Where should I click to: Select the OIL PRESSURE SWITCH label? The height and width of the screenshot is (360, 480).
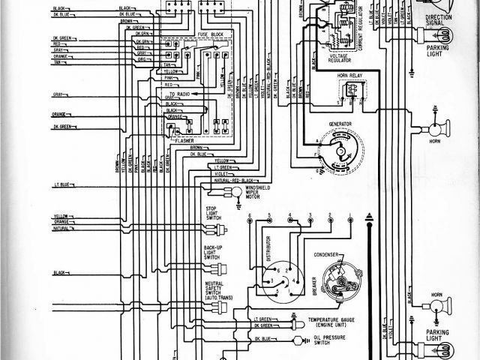tap(322, 344)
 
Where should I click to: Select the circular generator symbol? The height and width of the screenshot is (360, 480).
tap(340, 150)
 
